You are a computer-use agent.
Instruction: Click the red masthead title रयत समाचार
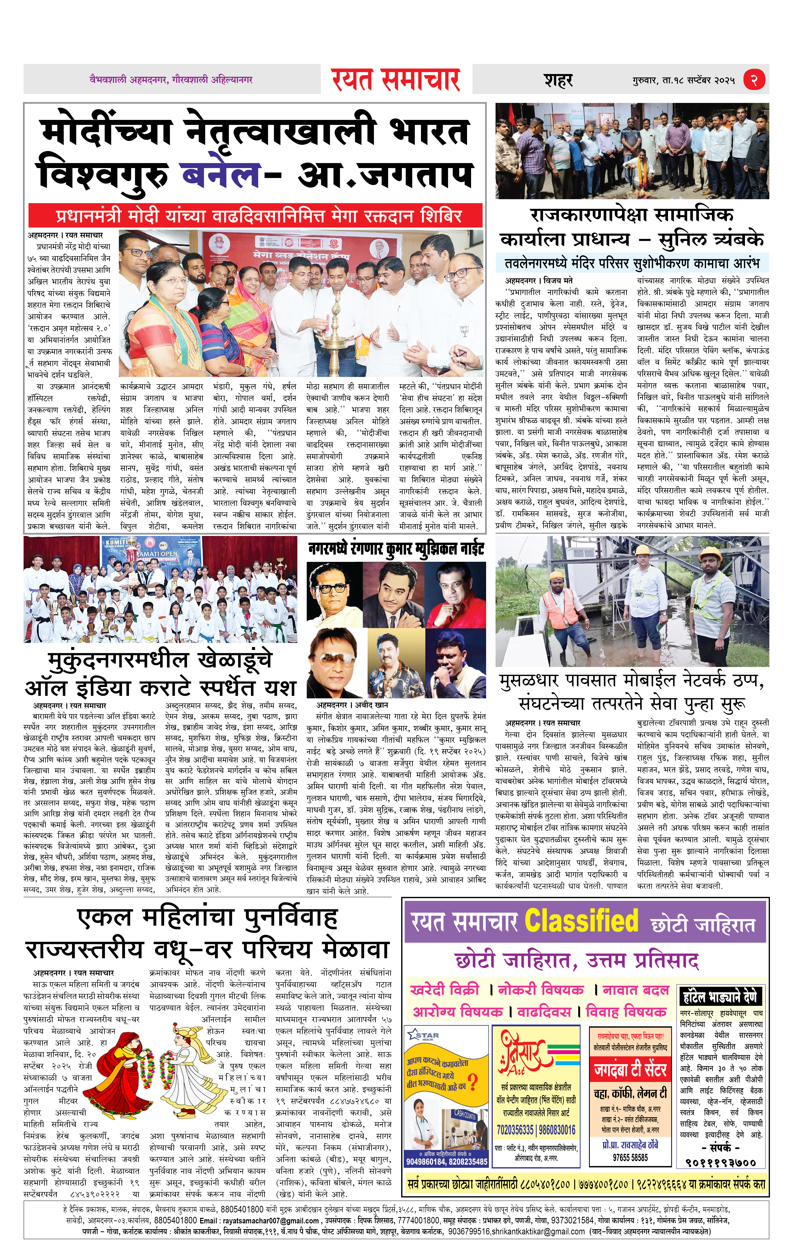point(396,80)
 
